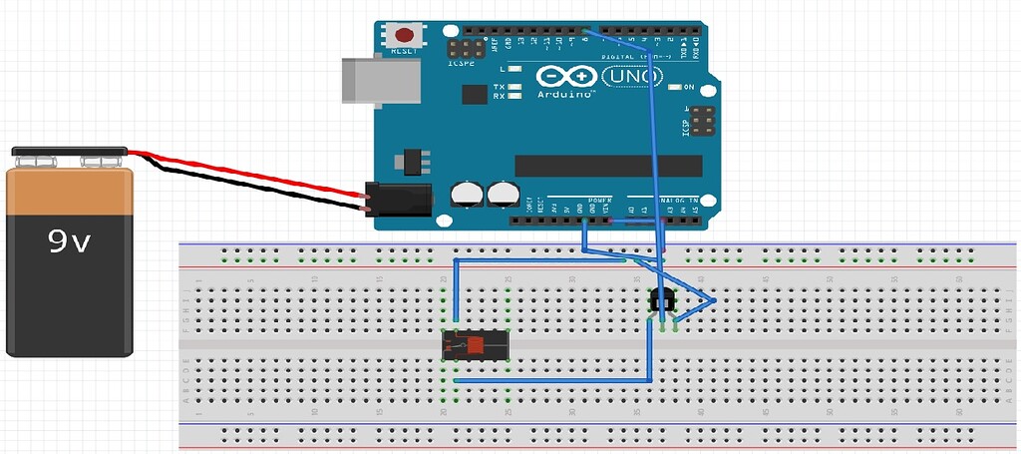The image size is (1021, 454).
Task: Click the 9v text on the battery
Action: point(70,241)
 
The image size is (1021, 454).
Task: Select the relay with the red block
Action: point(477,344)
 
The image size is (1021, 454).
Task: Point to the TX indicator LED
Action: point(515,88)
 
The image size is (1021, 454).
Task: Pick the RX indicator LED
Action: point(515,97)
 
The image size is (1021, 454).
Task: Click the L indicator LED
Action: point(515,69)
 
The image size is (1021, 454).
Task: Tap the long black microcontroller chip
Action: point(608,166)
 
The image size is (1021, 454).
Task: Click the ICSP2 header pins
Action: point(466,47)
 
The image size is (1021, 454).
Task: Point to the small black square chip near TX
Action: point(475,95)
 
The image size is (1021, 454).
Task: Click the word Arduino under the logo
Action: point(566,93)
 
